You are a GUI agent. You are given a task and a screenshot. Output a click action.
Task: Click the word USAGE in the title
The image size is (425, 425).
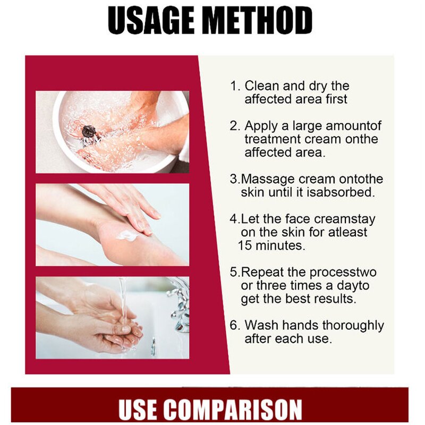coord(151,20)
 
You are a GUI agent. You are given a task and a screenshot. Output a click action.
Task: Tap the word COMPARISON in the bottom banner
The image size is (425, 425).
coord(233,410)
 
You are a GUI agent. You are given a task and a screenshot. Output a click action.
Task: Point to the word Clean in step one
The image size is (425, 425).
coord(261,86)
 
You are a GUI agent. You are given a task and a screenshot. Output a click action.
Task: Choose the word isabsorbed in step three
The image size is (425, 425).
coord(341,192)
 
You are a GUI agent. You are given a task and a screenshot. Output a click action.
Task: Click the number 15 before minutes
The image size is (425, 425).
coord(245,245)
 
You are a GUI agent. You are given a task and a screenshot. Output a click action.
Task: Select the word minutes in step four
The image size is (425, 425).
coord(280,245)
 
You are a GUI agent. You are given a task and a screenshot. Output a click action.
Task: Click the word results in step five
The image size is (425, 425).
coord(335,299)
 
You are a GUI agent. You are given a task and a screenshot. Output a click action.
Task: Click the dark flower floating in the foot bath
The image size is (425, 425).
coord(89,132)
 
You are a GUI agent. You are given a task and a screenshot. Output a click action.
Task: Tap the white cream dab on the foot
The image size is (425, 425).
coord(127,235)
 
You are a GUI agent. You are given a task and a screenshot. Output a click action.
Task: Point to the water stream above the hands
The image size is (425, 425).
coord(123,301)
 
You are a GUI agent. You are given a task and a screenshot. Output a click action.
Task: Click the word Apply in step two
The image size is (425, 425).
coord(261,126)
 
